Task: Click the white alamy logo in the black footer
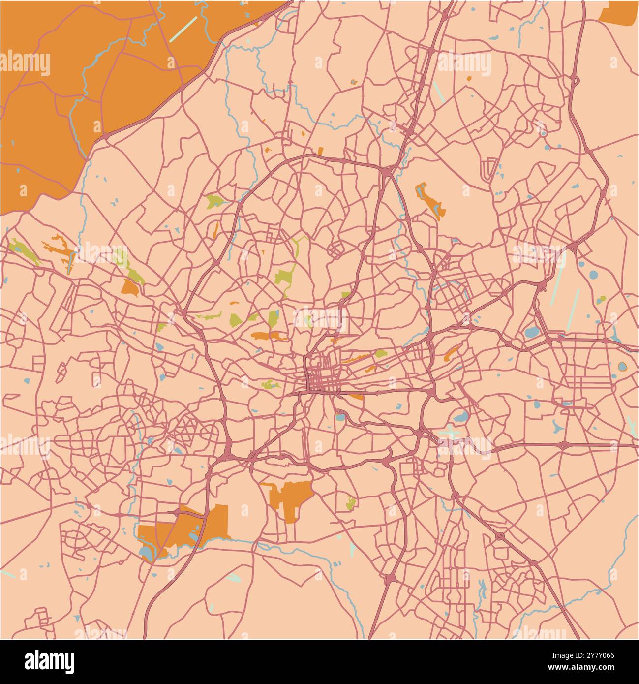[x=49, y=661]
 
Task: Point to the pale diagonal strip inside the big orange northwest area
[x=183, y=29]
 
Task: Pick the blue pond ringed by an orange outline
[x=623, y=366]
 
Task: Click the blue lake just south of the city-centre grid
[x=340, y=418]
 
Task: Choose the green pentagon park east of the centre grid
[x=381, y=353]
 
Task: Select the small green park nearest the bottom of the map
[x=351, y=503]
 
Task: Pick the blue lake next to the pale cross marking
[x=460, y=417]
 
